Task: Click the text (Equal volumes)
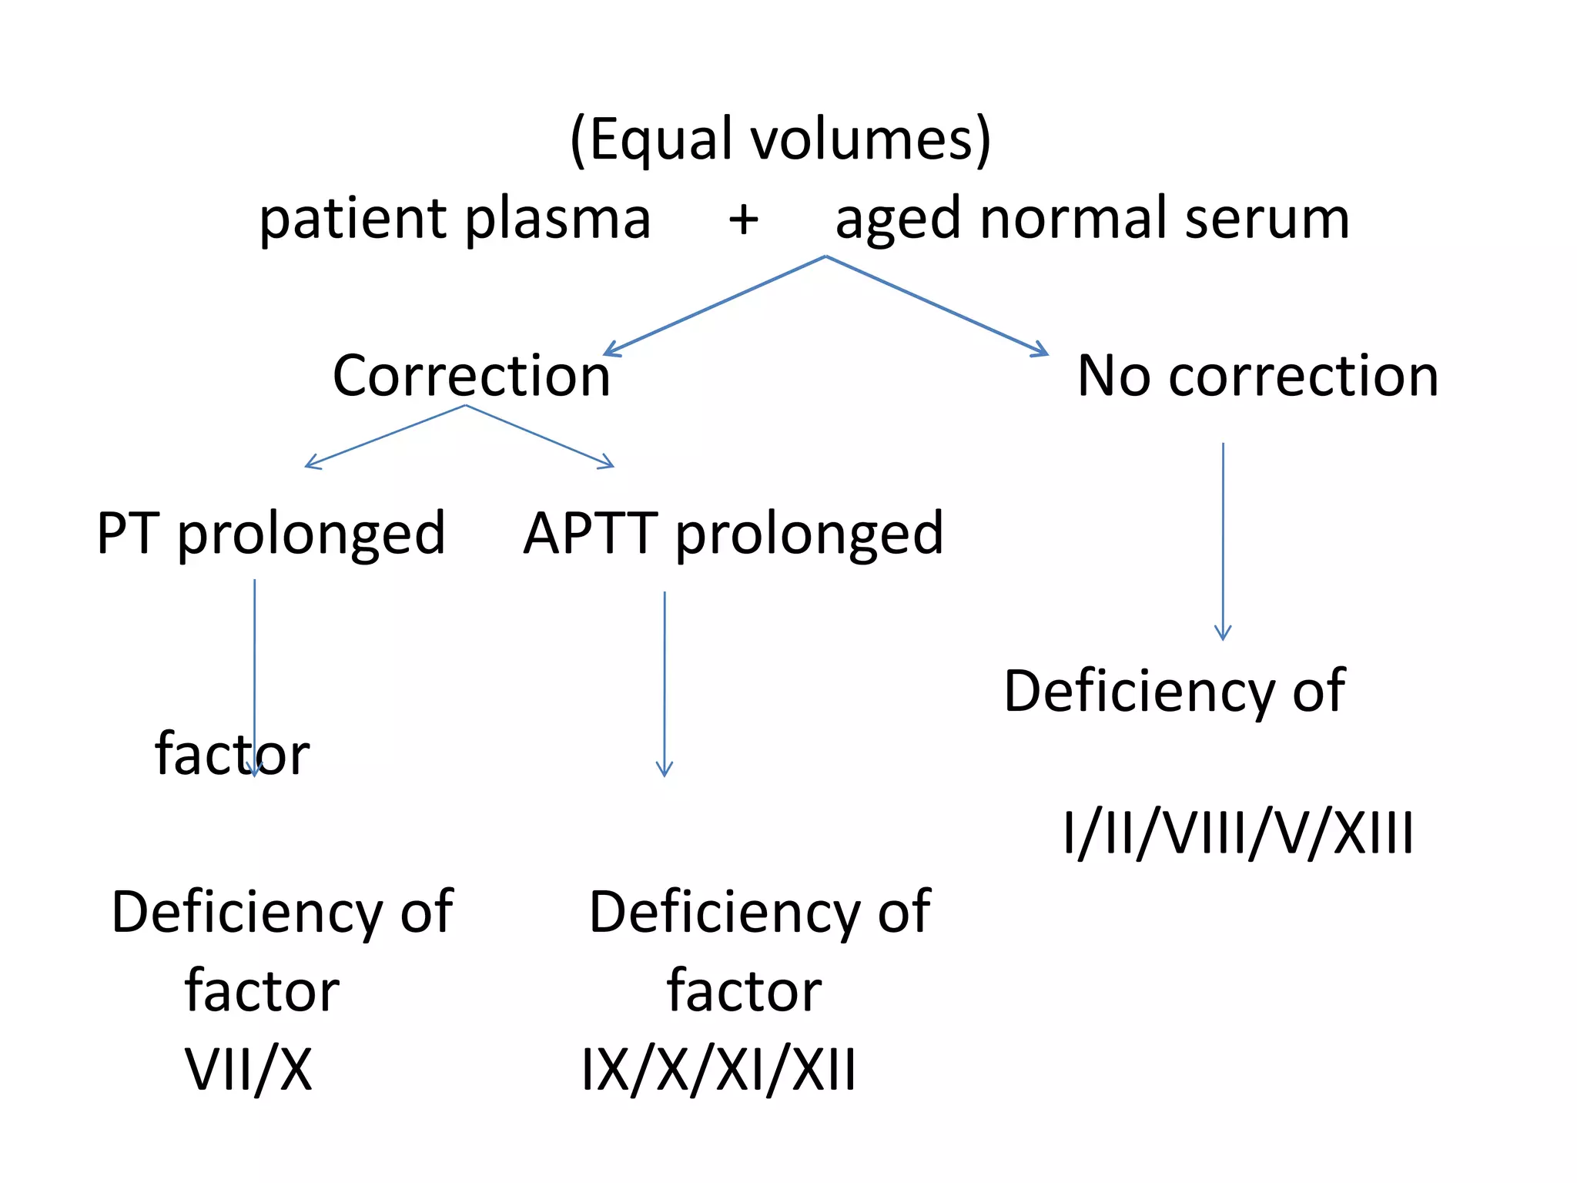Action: (780, 140)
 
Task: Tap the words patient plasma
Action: (454, 219)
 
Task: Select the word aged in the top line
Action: (898, 220)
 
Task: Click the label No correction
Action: (1257, 376)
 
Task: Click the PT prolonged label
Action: (270, 534)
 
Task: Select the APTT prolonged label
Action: (733, 534)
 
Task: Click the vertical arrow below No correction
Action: (1223, 539)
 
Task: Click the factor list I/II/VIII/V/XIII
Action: (1238, 833)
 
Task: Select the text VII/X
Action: (249, 1069)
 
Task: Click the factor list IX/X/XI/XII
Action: (718, 1069)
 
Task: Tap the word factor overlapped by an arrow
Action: (232, 754)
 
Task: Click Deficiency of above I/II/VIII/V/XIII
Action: (1174, 691)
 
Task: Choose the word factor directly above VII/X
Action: (262, 990)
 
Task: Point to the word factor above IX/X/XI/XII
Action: (744, 990)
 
